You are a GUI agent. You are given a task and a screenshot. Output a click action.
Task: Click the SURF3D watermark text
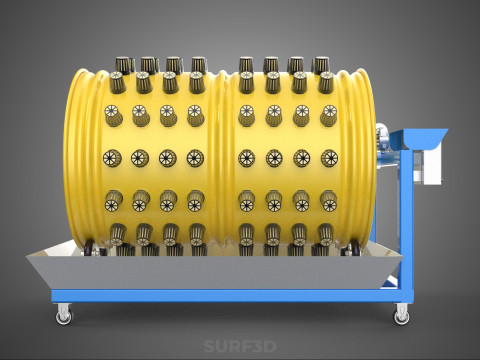pyautogui.click(x=240, y=347)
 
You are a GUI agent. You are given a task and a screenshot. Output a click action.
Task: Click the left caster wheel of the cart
pyautogui.click(x=63, y=314)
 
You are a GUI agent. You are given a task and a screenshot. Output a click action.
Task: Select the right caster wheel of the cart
pyautogui.click(x=402, y=314)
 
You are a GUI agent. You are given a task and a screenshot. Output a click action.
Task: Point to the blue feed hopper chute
pyautogui.click(x=419, y=139)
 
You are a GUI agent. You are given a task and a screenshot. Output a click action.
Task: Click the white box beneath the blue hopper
pyautogui.click(x=429, y=167)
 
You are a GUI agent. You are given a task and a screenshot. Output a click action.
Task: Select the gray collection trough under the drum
pyautogui.click(x=214, y=267)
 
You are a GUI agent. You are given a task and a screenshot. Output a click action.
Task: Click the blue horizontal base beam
pyautogui.click(x=232, y=296)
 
